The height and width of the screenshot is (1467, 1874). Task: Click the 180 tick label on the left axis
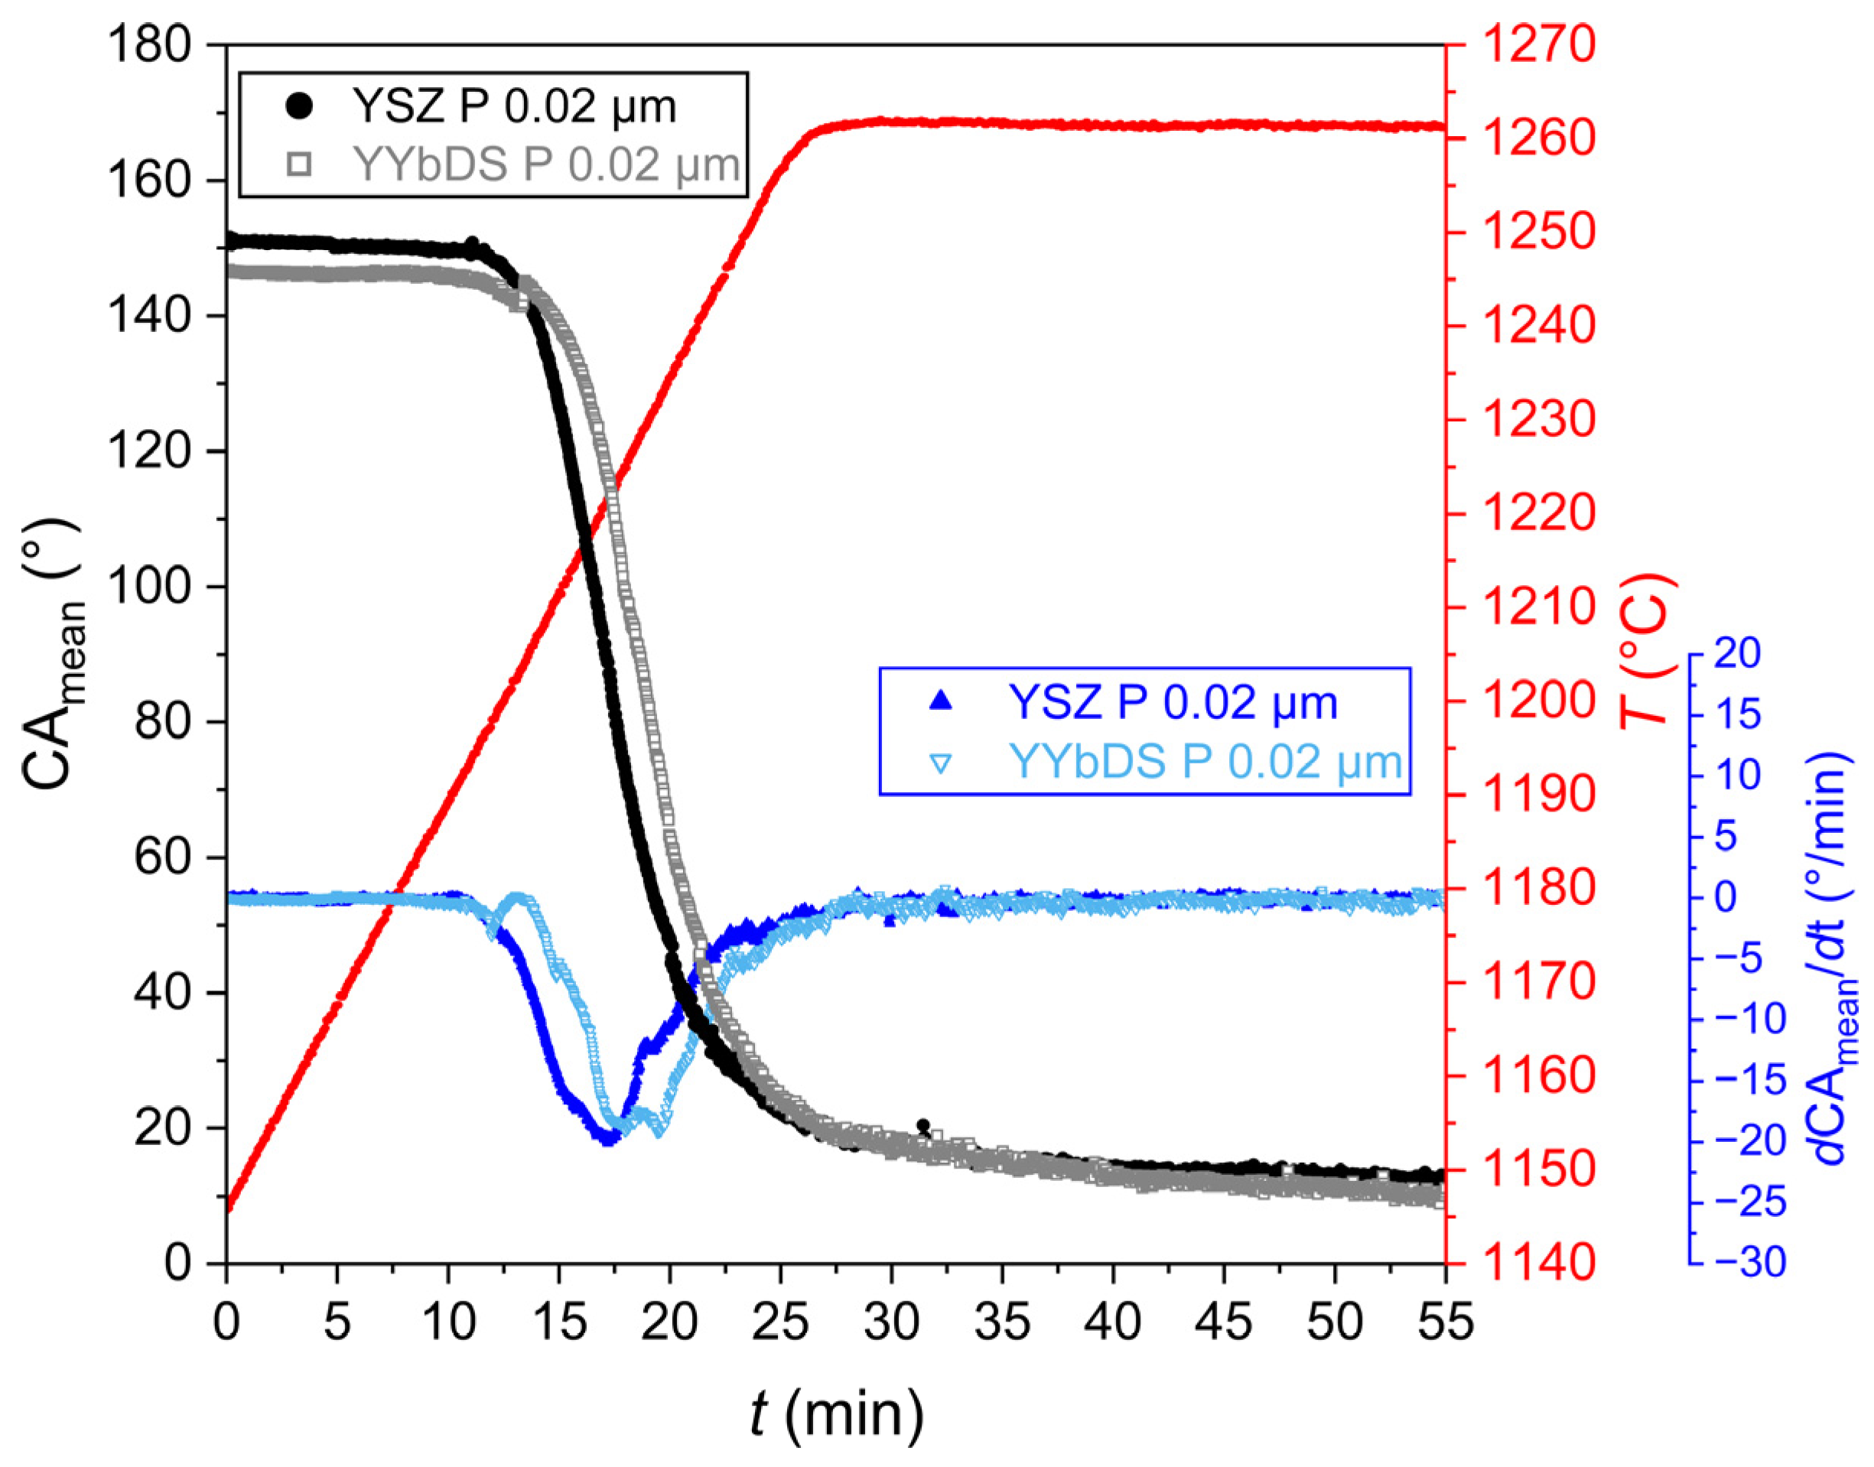pos(148,44)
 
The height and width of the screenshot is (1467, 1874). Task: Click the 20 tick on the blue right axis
pos(1737,655)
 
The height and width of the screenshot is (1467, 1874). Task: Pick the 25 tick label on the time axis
pos(780,1322)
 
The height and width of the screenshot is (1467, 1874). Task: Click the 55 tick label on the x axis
pos(1445,1322)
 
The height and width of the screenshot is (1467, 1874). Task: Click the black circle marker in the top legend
pos(300,106)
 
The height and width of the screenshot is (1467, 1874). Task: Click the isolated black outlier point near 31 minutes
pos(923,1125)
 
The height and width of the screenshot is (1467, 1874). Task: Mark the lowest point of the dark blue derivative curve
pos(609,1140)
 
